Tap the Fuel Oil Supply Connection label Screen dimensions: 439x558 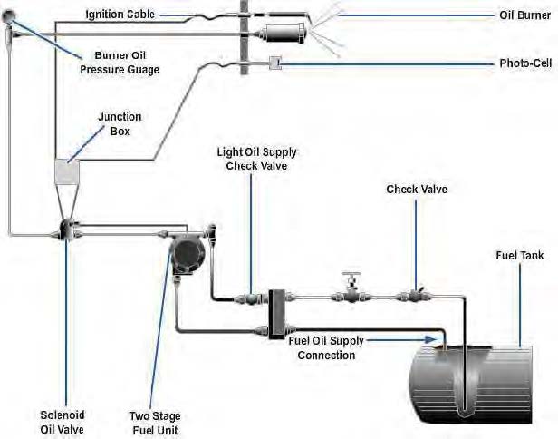(x=326, y=347)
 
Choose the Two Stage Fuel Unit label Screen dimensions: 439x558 (x=154, y=423)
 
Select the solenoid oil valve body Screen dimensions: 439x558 (x=66, y=230)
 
